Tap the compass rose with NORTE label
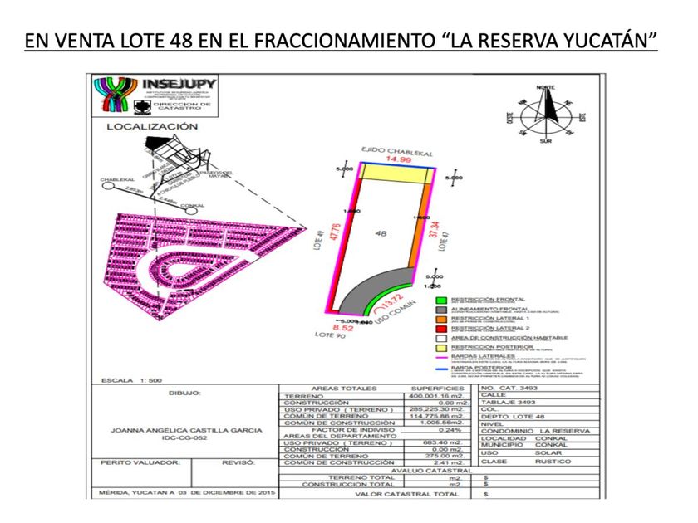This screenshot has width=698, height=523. (545, 115)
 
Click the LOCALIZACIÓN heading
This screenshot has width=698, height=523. (151, 127)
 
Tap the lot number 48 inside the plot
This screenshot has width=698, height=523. (381, 234)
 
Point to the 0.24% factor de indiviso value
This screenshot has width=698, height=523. (449, 430)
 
